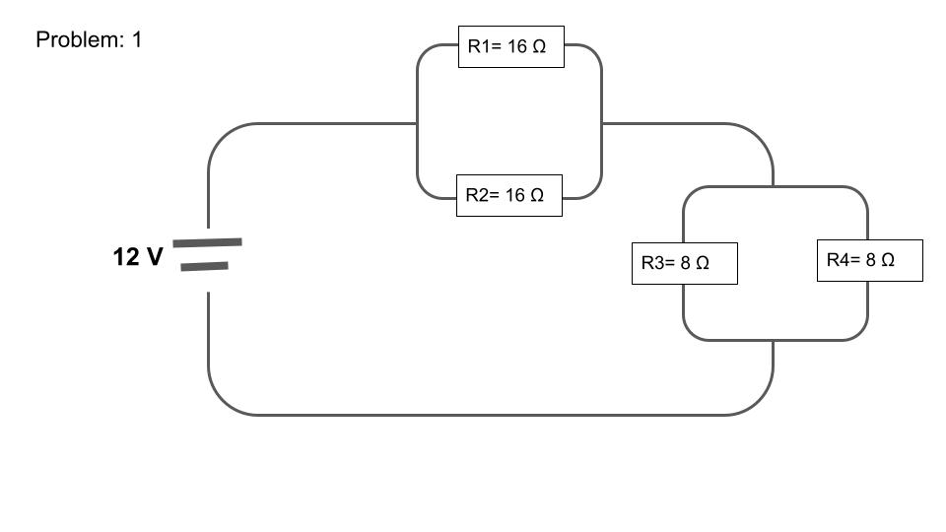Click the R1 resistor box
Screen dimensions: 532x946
[x=510, y=46]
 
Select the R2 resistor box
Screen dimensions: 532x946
[x=508, y=195]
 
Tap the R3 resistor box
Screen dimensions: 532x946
[x=684, y=263]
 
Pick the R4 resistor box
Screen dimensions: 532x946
[x=869, y=260]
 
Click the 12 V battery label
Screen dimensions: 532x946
[x=138, y=257]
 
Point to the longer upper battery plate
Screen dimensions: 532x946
[x=207, y=241]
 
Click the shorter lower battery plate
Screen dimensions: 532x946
[x=204, y=266]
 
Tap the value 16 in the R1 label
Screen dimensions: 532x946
[x=517, y=46]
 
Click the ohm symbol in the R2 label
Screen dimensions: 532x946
[x=537, y=195]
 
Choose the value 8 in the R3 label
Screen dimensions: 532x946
[x=686, y=263]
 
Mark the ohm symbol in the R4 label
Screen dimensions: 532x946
[x=888, y=260]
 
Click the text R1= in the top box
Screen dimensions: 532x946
[x=485, y=46]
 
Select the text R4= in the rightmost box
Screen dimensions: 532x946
[x=844, y=260]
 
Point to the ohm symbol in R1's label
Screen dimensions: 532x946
[x=539, y=46]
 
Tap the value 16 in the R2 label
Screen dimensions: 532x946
[x=515, y=195]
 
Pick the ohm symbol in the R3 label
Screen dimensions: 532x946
[x=703, y=263]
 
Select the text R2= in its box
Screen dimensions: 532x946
[x=483, y=195]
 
